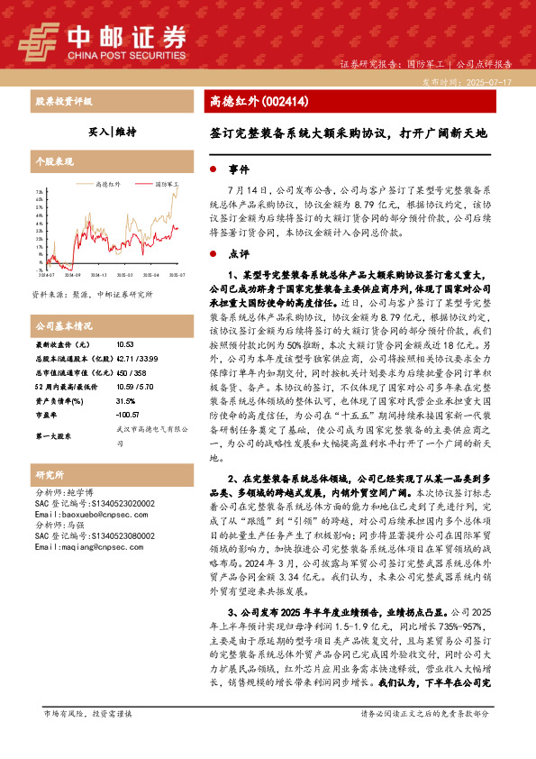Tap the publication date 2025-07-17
pyautogui.click(x=486, y=81)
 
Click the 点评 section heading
pyautogui.click(x=238, y=253)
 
